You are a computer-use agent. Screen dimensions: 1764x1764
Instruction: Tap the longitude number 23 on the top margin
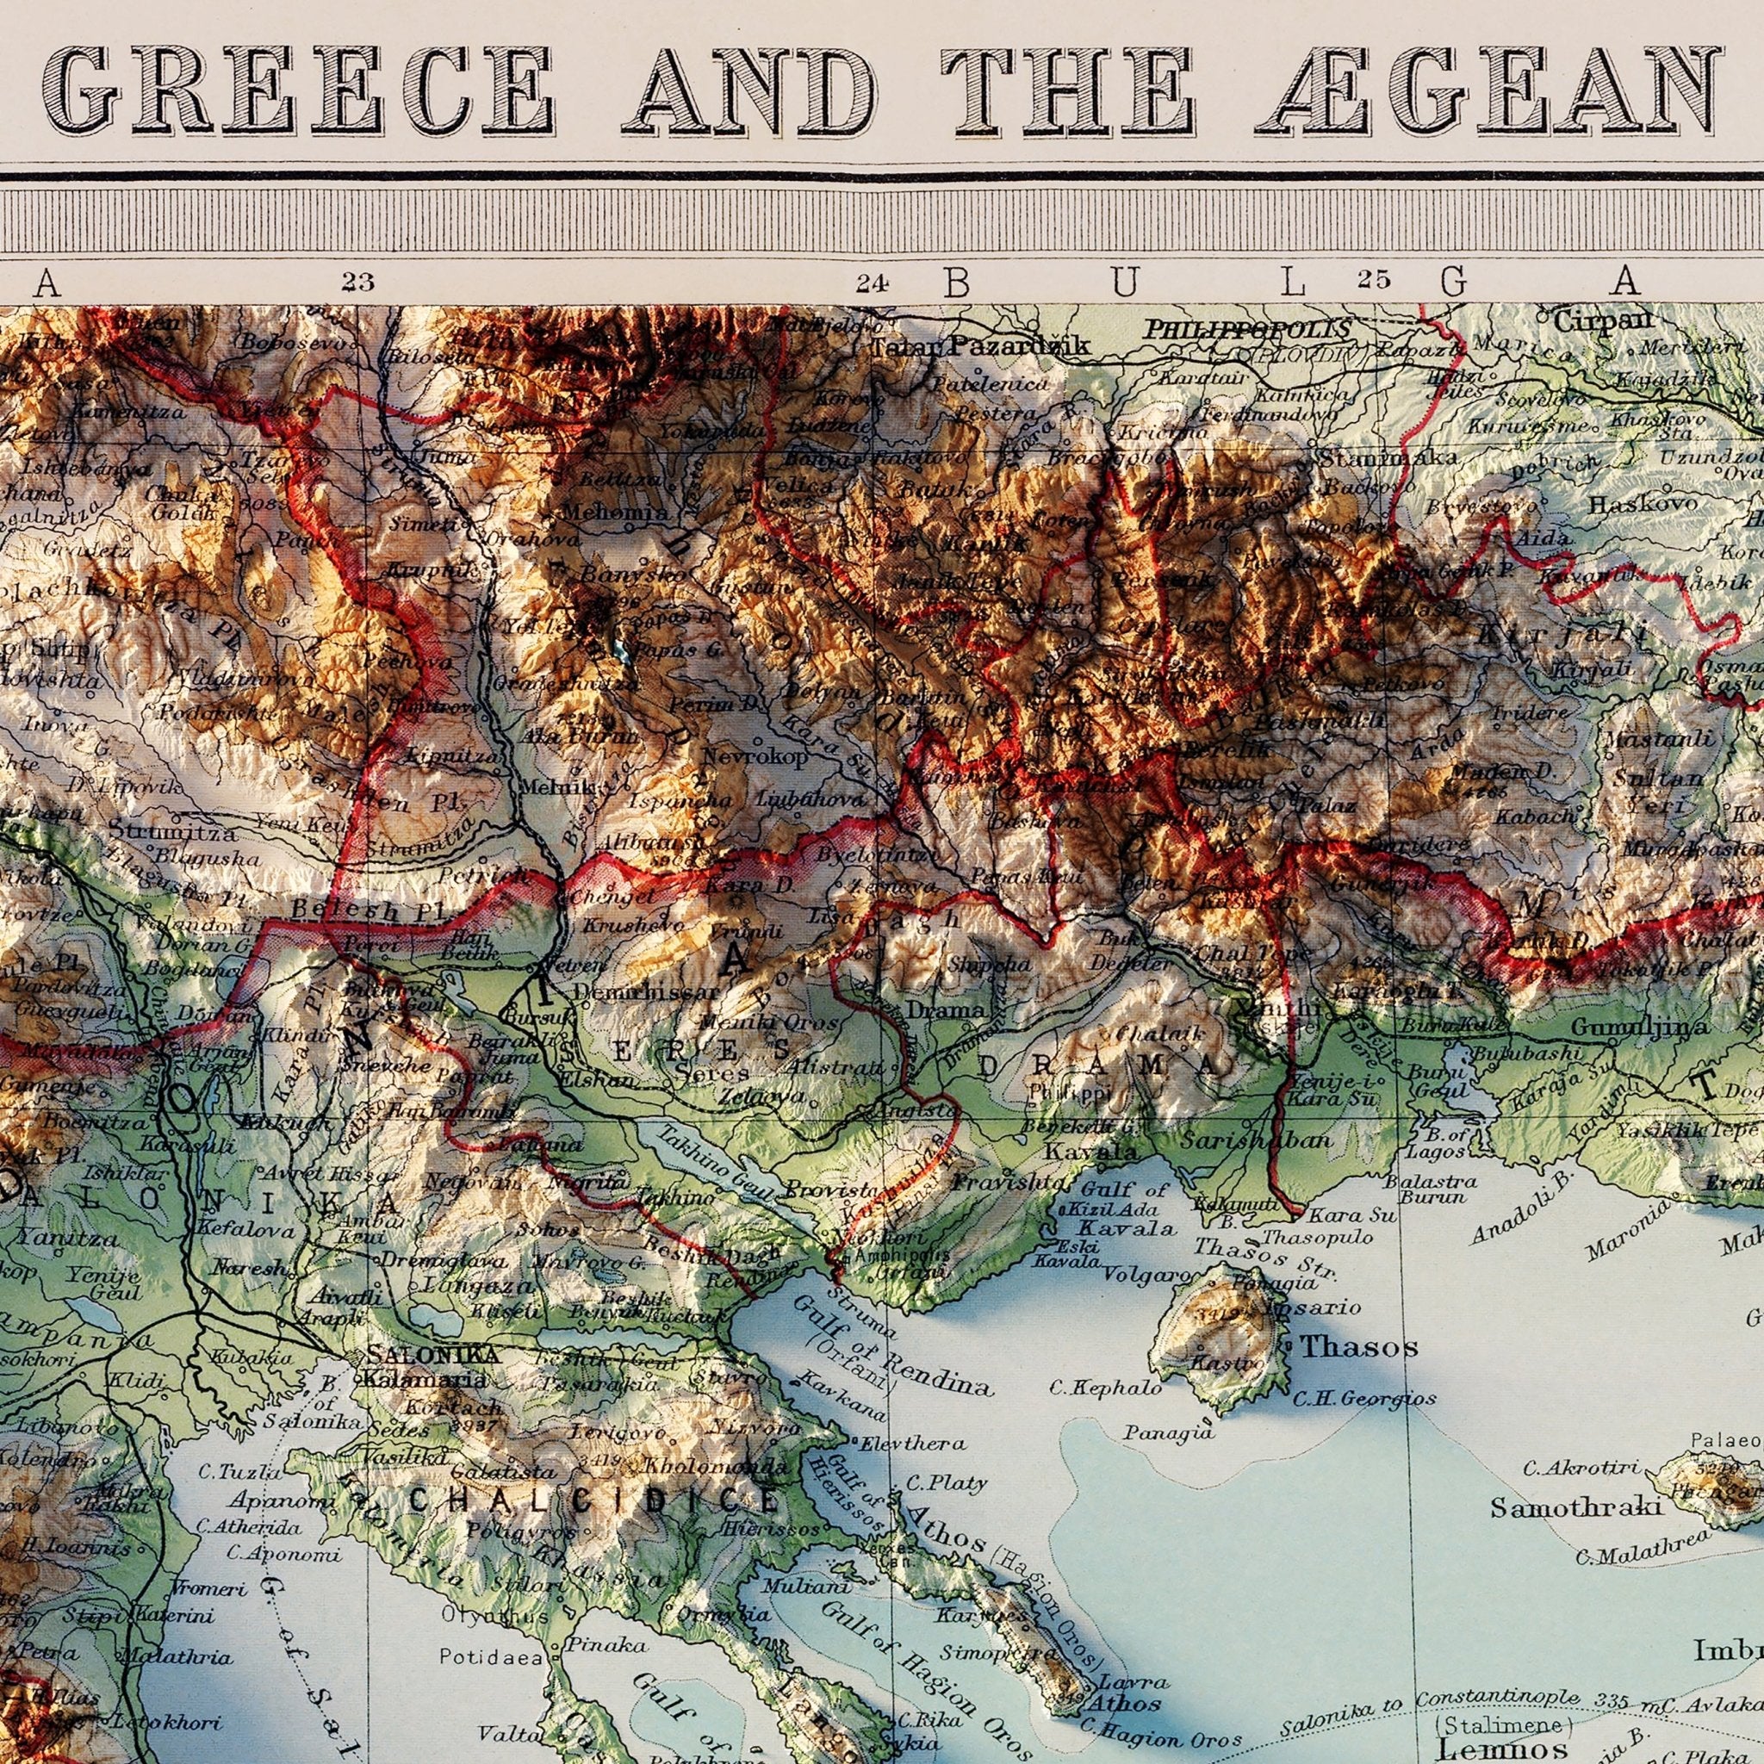click(x=358, y=281)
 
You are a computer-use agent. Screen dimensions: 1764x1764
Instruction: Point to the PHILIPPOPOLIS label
click(x=1247, y=329)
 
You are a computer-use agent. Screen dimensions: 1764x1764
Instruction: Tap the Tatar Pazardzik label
click(x=978, y=346)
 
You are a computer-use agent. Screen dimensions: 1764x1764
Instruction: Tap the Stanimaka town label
click(x=1385, y=457)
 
